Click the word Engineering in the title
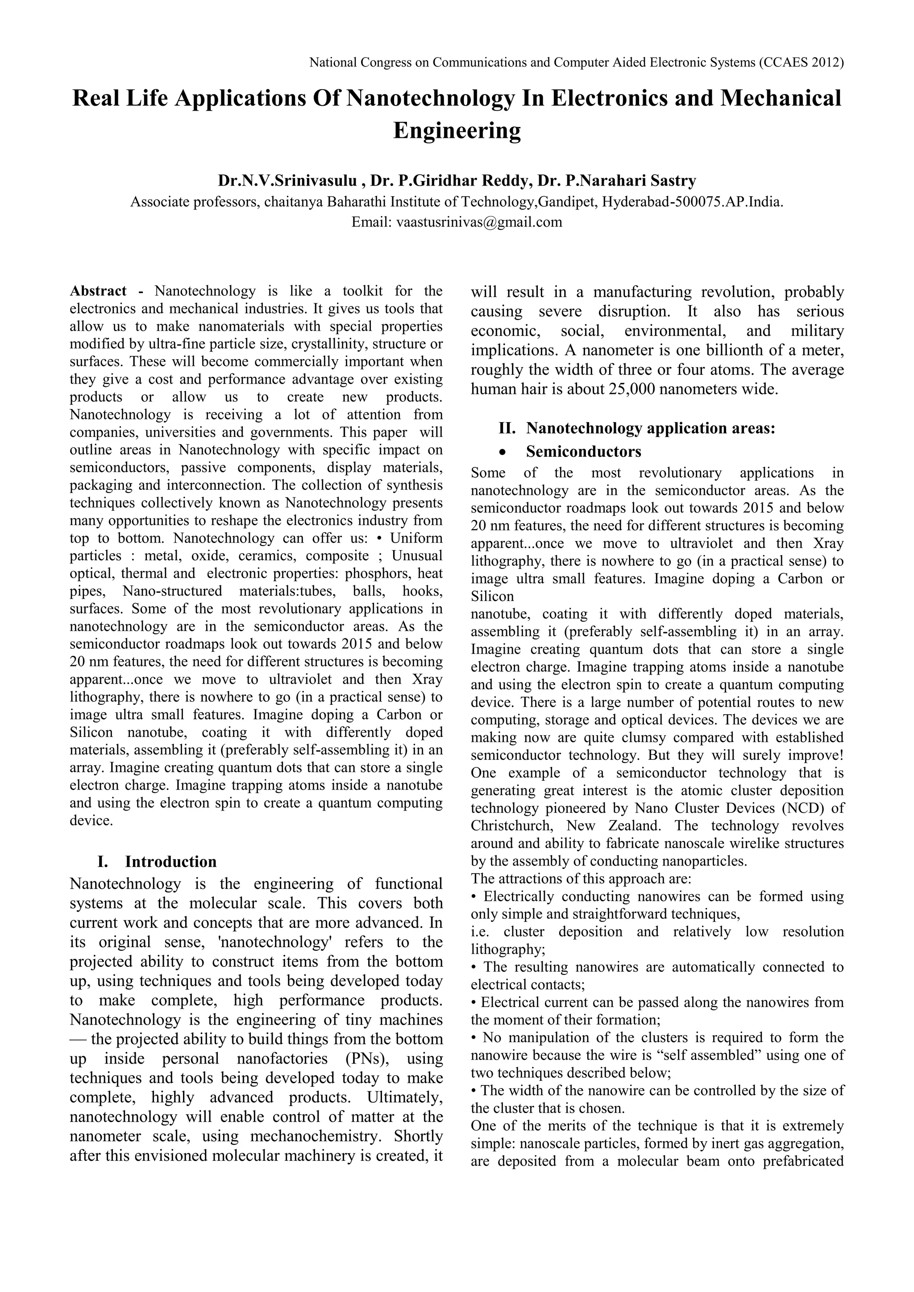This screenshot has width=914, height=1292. tap(457, 131)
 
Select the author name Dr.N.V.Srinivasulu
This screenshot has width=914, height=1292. tap(287, 181)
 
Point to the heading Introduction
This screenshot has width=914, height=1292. tap(170, 861)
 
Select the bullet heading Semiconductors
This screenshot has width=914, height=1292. tap(584, 452)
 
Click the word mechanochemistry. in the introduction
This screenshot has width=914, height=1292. tap(317, 1136)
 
